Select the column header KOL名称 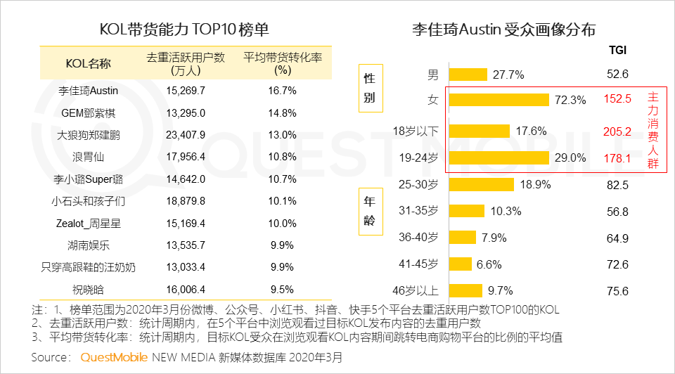click(88, 64)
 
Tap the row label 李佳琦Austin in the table click(89, 91)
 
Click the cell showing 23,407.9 click(186, 134)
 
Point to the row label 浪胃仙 click(89, 156)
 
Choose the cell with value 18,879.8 click(186, 200)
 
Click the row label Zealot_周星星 click(89, 223)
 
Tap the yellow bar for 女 click(499, 100)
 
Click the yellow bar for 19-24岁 click(499, 157)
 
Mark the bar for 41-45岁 click(460, 264)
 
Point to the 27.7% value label click(508, 75)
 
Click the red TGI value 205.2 click(618, 131)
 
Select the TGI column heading click(617, 51)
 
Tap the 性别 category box click(369, 88)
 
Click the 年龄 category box click(369, 209)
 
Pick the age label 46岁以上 click(418, 290)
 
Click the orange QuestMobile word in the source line click(114, 357)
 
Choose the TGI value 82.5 click(617, 185)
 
